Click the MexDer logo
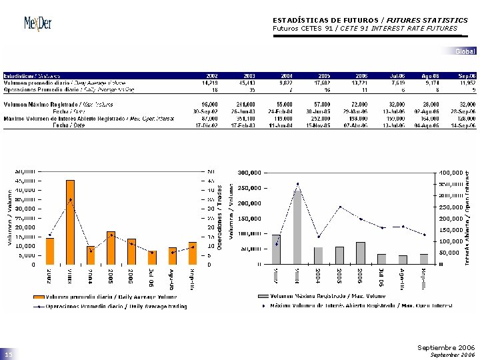click(x=37, y=23)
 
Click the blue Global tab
click(x=465, y=51)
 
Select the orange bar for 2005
click(x=111, y=247)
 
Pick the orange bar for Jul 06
click(x=152, y=257)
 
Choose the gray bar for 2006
click(x=360, y=253)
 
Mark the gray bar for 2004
click(x=318, y=255)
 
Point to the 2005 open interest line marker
click(x=339, y=207)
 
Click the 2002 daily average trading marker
click(x=50, y=235)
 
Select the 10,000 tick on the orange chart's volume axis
click(x=25, y=245)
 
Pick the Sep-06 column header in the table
click(x=467, y=76)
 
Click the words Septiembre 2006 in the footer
click(x=445, y=347)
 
